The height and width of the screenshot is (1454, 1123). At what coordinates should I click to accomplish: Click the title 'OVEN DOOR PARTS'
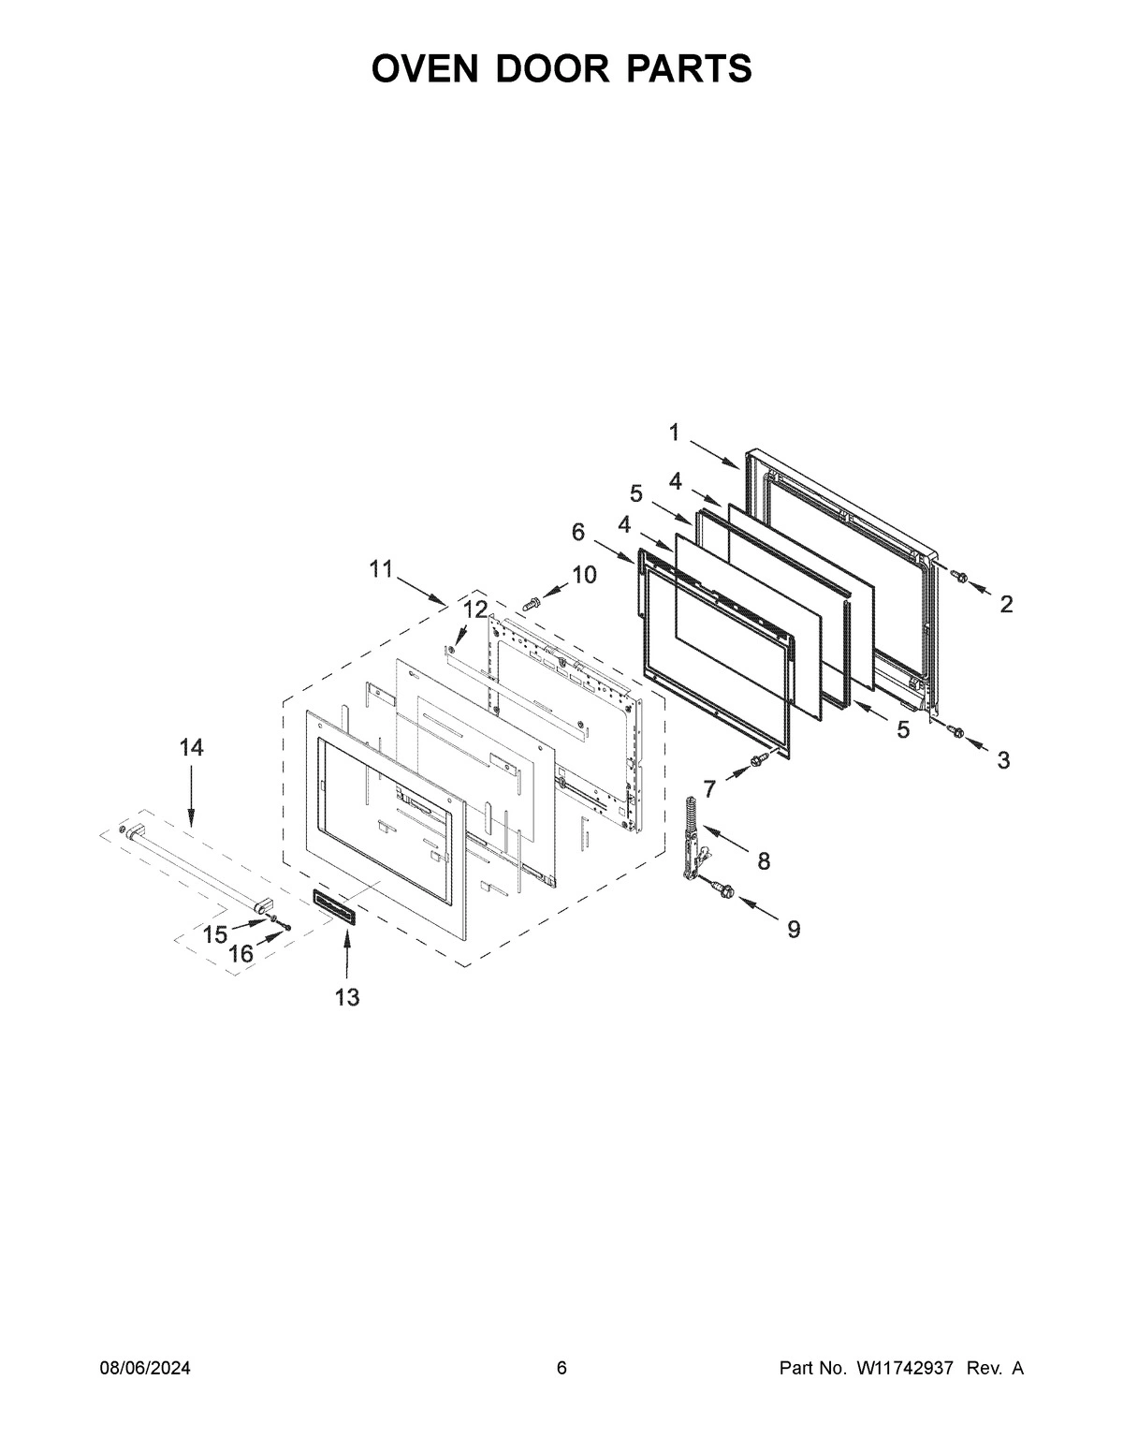click(x=561, y=68)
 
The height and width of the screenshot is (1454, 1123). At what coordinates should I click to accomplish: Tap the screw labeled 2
click(x=958, y=574)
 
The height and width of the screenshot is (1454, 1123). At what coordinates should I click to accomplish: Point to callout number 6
click(x=578, y=532)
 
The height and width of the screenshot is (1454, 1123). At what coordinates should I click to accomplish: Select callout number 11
click(x=380, y=568)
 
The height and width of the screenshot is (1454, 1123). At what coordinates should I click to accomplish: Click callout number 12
click(x=474, y=610)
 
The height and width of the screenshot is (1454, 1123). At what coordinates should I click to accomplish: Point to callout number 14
click(x=191, y=747)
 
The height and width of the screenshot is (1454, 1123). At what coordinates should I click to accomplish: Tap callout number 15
click(x=215, y=934)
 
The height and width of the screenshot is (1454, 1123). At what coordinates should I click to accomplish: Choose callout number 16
click(x=241, y=953)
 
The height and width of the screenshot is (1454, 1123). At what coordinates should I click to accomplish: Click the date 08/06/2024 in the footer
click(x=145, y=1368)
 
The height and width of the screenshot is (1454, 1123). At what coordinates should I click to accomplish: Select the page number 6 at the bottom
click(x=561, y=1368)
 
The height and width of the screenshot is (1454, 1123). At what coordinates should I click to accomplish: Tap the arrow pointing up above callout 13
click(x=347, y=952)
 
